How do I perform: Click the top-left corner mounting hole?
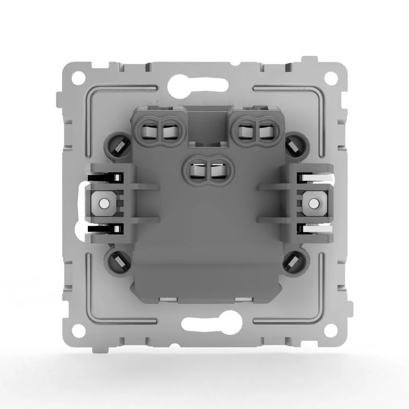click(x=78, y=78)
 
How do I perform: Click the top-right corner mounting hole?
click(x=331, y=78)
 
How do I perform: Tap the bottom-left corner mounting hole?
click(x=78, y=331)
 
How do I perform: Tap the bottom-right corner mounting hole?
click(x=331, y=331)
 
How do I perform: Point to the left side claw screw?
click(x=104, y=203)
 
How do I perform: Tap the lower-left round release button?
click(x=117, y=261)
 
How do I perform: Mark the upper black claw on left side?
click(x=105, y=178)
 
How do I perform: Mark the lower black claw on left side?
click(x=105, y=229)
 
